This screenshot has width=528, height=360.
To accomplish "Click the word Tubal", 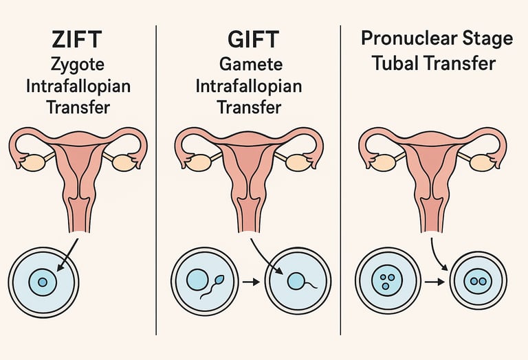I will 398,64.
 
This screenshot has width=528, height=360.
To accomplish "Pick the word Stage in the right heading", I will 485,38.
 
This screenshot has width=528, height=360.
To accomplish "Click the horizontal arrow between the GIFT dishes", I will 250,282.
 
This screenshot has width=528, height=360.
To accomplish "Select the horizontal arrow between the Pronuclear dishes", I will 433,282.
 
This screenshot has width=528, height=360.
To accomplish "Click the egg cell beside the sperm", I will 197,279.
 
